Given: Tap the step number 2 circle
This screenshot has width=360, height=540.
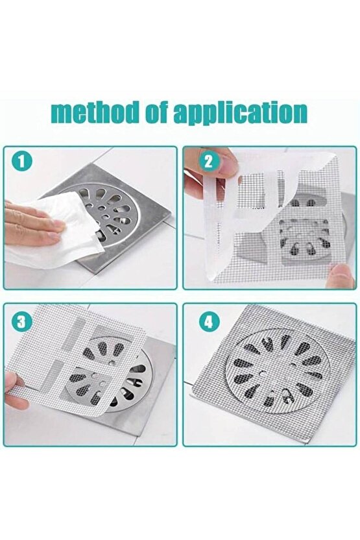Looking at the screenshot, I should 209,162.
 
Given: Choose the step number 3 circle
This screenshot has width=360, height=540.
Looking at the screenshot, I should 21,321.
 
